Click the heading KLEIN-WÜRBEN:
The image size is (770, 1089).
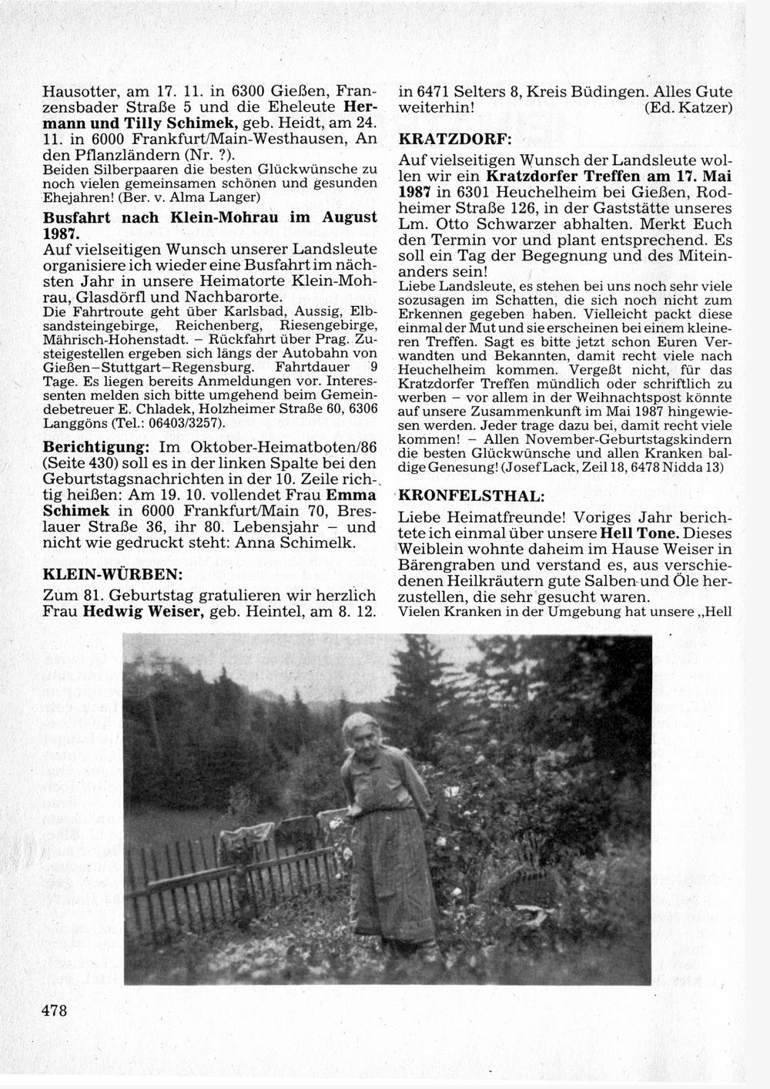(111, 574)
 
